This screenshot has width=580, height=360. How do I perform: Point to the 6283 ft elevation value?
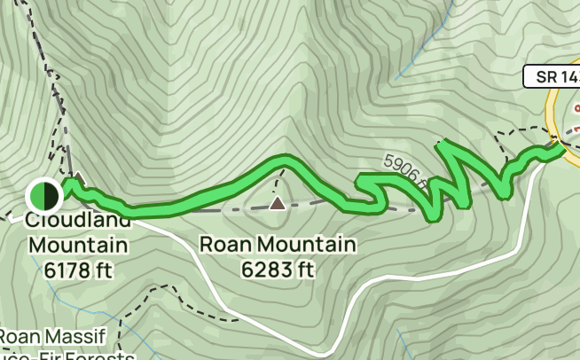pos(278,268)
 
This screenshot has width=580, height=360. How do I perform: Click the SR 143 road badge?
pos(551,77)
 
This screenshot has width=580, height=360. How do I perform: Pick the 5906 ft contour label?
pos(406,171)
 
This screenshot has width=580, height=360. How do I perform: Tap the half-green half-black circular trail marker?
pos(43,194)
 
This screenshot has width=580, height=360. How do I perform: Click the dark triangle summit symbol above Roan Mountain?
pos(278,204)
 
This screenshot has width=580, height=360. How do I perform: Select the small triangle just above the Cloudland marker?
pos(78,176)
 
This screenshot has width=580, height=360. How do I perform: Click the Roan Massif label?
pos(53,338)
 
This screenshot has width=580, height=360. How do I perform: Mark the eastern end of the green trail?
pos(562,149)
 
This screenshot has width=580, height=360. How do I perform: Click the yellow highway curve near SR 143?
pos(553,111)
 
